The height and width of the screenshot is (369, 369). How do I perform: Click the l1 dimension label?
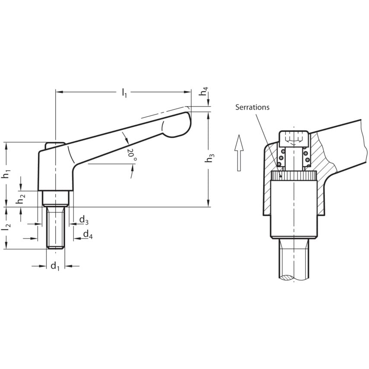(124, 92)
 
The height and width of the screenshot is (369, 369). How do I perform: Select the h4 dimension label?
(204, 91)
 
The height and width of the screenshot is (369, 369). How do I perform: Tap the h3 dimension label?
(209, 158)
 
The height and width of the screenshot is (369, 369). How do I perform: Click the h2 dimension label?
(21, 200)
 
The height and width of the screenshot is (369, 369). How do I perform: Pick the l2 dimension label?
(6, 226)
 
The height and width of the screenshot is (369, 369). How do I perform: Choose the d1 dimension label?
(55, 266)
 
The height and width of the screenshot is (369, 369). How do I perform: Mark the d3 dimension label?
(84, 220)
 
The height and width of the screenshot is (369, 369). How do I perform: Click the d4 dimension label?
(88, 235)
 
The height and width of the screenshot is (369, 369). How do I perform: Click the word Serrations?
(252, 107)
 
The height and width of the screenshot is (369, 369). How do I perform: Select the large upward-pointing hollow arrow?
(239, 153)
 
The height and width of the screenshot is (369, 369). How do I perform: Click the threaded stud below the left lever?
(56, 227)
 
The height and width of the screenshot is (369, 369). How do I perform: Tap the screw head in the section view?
(294, 139)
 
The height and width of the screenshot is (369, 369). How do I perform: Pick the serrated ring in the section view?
(294, 176)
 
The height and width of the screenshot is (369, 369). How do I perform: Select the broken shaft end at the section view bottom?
(294, 278)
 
